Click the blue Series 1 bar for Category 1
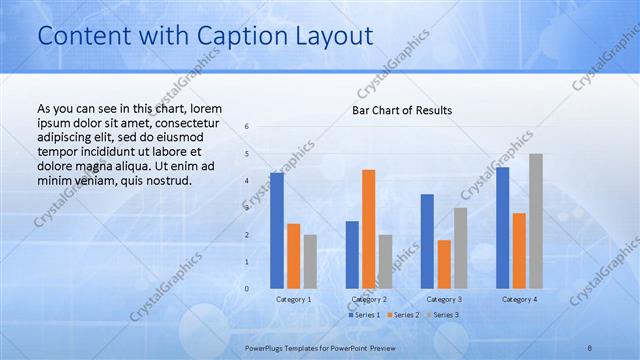[277, 231]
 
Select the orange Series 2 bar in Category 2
[369, 229]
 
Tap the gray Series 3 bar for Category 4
[536, 221]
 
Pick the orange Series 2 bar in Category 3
[444, 264]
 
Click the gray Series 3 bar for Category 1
[310, 262]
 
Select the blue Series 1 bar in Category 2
[352, 255]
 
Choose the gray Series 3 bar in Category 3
[460, 248]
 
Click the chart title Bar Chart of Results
[402, 110]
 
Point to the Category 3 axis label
[444, 299]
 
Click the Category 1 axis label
[294, 299]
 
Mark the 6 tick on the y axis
[247, 126]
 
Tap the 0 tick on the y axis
[247, 289]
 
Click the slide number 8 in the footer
[590, 346]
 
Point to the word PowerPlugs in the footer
[267, 346]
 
